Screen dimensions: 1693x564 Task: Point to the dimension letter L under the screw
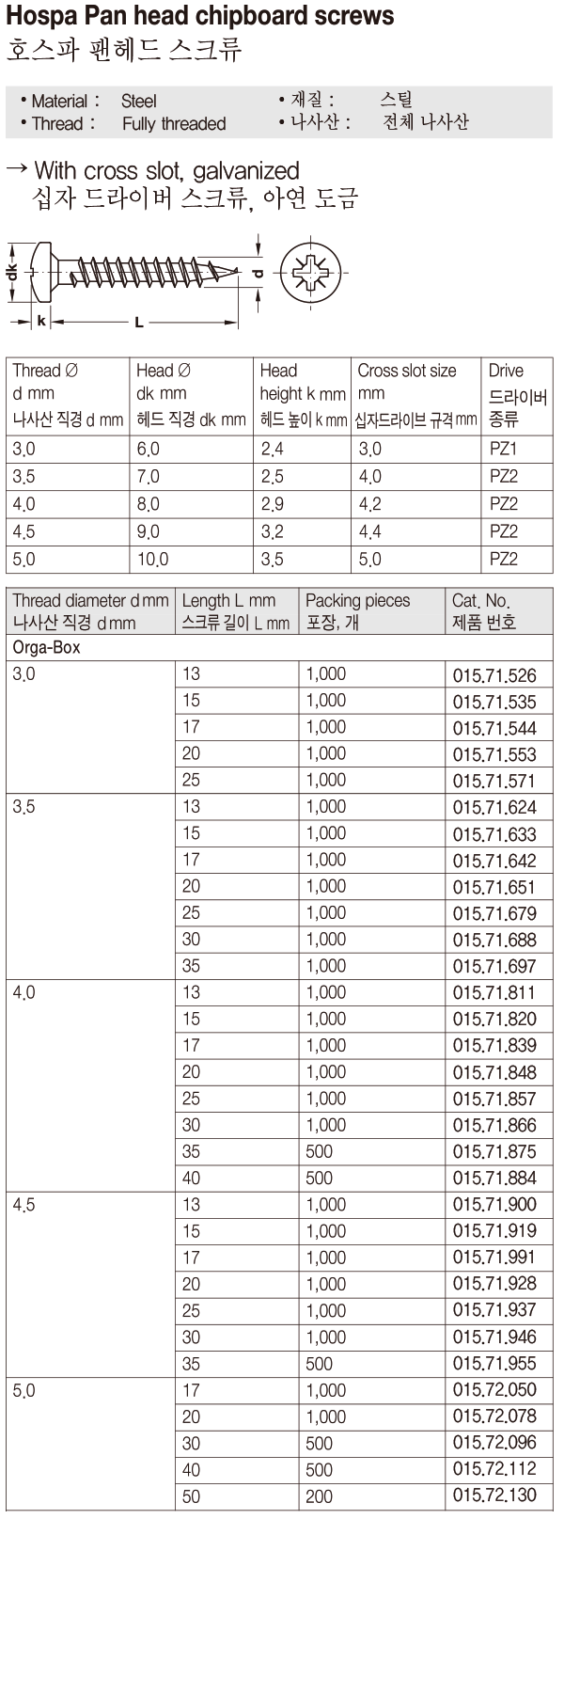pyautogui.click(x=139, y=323)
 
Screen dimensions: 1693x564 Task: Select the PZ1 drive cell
pyautogui.click(x=504, y=449)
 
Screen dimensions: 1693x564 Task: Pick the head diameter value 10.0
pyautogui.click(x=152, y=560)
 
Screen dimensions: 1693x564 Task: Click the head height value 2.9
pyautogui.click(x=272, y=504)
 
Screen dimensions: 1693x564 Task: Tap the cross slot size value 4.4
pyautogui.click(x=369, y=531)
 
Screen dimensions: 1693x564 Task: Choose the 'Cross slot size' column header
pyautogui.click(x=407, y=371)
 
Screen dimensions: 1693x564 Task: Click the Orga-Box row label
pyautogui.click(x=46, y=648)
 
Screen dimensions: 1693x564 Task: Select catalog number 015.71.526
pyautogui.click(x=494, y=674)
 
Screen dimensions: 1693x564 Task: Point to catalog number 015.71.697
pyautogui.click(x=494, y=966)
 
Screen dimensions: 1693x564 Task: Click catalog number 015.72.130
pyautogui.click(x=494, y=1495)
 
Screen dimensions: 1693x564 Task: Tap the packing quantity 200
pyautogui.click(x=319, y=1496)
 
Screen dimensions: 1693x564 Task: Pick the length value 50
pyautogui.click(x=191, y=1496)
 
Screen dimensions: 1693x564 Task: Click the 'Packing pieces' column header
pyautogui.click(x=358, y=600)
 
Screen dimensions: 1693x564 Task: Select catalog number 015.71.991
pyautogui.click(x=494, y=1258)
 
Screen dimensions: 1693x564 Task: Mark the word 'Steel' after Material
pyautogui.click(x=138, y=101)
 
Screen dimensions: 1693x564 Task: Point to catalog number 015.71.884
pyautogui.click(x=494, y=1178)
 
